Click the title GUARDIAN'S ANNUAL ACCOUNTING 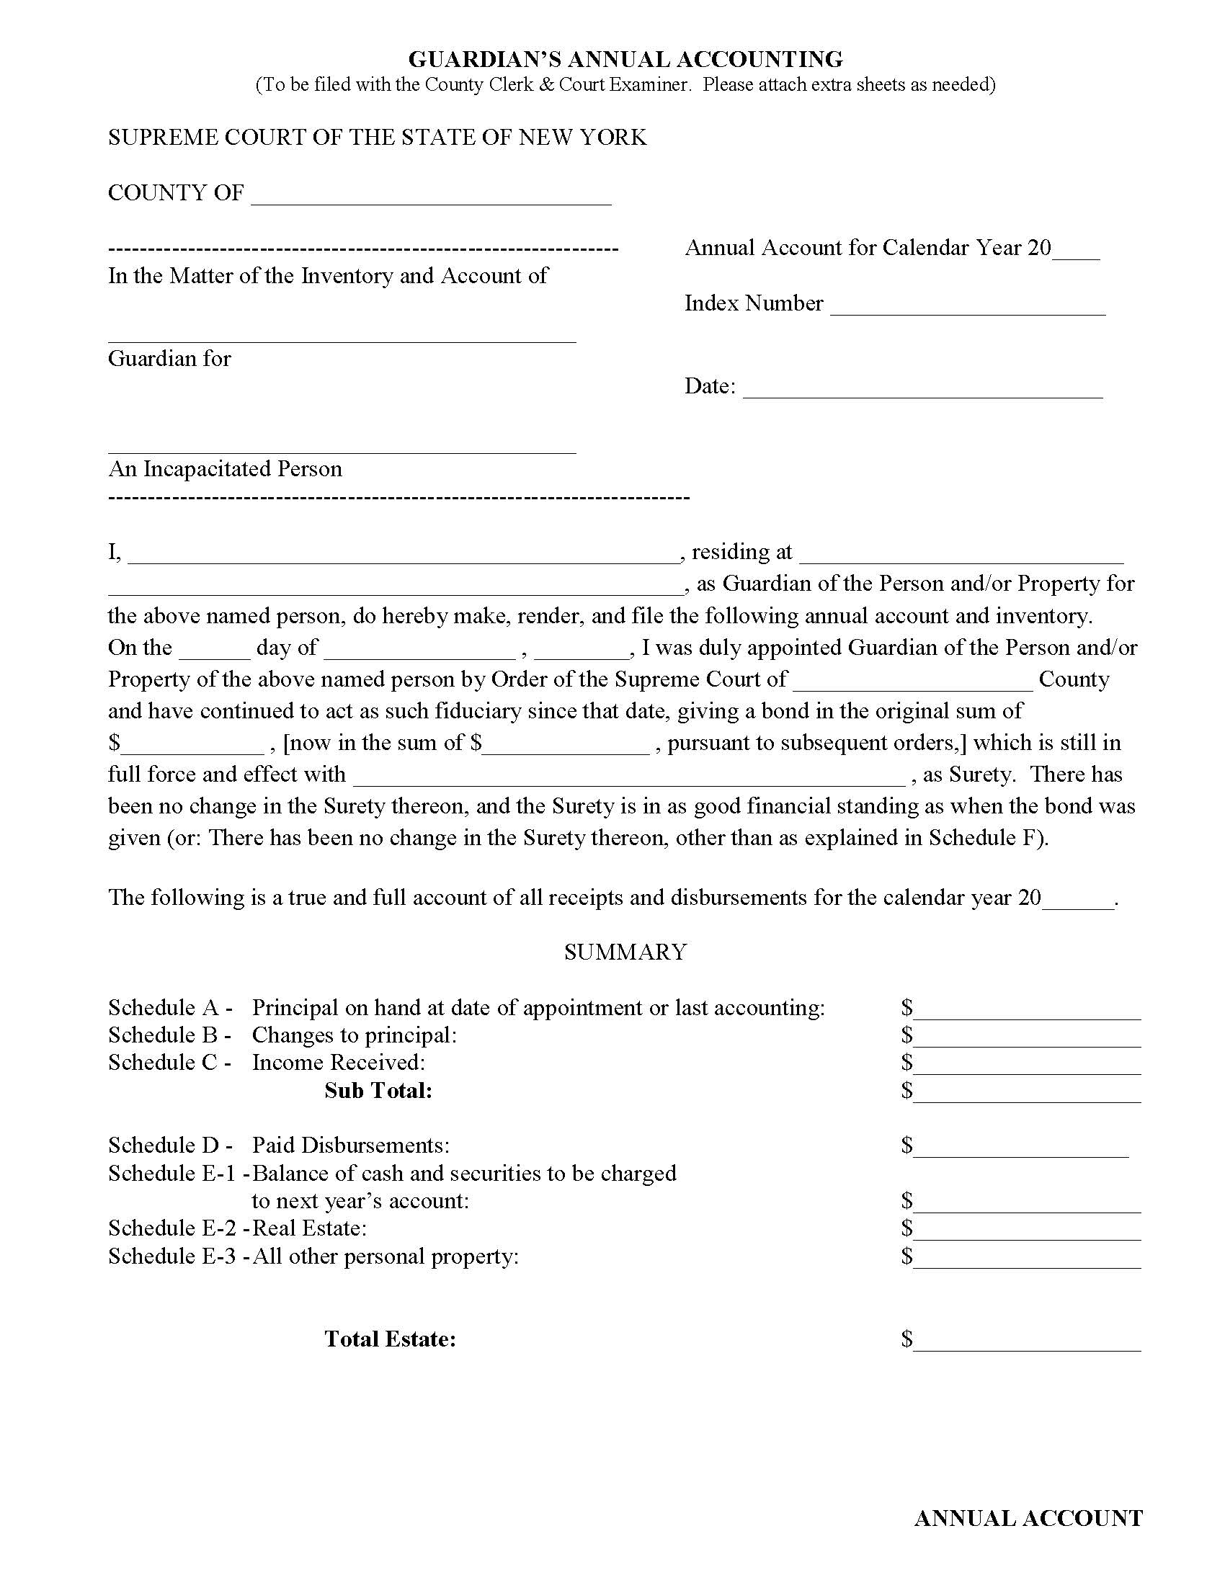625,59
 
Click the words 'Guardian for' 169,359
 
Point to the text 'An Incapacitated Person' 225,469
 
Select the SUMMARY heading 625,952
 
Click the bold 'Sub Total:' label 378,1091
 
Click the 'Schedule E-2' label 173,1228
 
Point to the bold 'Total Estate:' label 391,1339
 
